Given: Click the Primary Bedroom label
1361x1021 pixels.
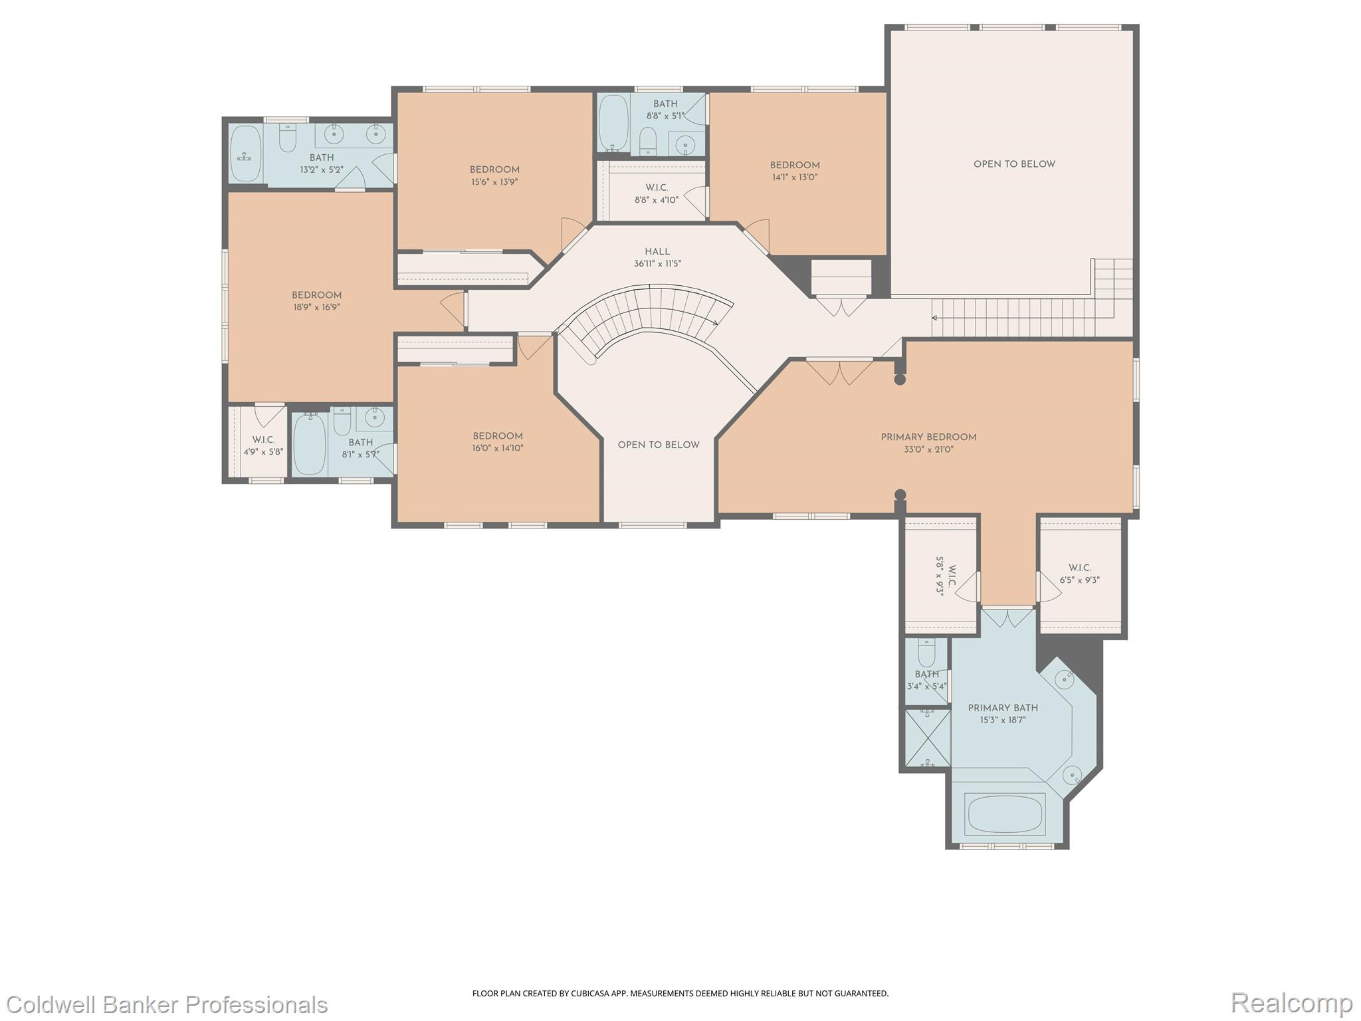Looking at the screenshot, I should [928, 437].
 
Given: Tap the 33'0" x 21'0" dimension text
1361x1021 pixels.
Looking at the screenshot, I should [928, 449].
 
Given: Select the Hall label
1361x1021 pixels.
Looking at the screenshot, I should [657, 252].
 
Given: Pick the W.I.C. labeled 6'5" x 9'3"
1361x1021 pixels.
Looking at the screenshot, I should [1079, 574].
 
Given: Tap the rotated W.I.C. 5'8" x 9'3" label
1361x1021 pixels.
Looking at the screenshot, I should [945, 576].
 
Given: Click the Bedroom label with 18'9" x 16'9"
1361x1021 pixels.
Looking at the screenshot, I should [316, 296].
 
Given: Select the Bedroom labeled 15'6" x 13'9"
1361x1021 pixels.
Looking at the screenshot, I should [494, 170].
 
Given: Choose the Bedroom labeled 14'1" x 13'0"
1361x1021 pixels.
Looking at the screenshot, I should [795, 166].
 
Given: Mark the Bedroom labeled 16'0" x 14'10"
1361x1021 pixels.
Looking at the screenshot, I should [498, 437].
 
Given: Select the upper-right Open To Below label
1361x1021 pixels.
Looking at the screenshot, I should [1014, 164].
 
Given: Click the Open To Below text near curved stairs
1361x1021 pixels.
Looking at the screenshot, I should [659, 445].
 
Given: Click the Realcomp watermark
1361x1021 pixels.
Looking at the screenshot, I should [1291, 1003].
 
